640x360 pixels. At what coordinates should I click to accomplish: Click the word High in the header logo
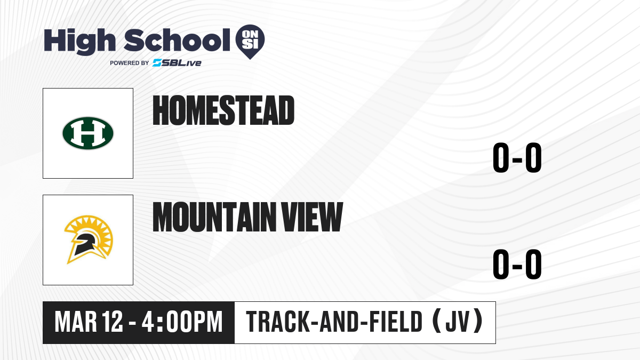[x=79, y=42]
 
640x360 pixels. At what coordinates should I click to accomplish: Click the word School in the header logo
[x=177, y=40]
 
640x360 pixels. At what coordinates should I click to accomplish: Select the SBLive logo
[x=177, y=62]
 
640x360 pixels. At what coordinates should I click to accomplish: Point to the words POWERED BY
[x=130, y=63]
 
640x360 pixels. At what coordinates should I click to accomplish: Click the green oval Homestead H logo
[x=88, y=133]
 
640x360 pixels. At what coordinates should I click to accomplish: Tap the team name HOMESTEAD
[x=223, y=110]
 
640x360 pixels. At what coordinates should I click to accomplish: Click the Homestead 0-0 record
[x=517, y=157]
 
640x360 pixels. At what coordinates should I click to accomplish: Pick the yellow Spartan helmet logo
[x=89, y=239]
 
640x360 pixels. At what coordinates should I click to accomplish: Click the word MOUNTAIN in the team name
[x=214, y=217]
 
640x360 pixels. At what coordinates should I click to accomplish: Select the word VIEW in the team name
[x=312, y=217]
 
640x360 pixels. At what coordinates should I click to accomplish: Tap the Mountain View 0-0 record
[x=517, y=264]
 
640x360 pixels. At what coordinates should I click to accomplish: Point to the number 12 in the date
[x=113, y=322]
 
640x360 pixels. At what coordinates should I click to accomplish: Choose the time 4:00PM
[x=182, y=322]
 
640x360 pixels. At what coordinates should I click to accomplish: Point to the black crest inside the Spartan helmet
[x=84, y=244]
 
